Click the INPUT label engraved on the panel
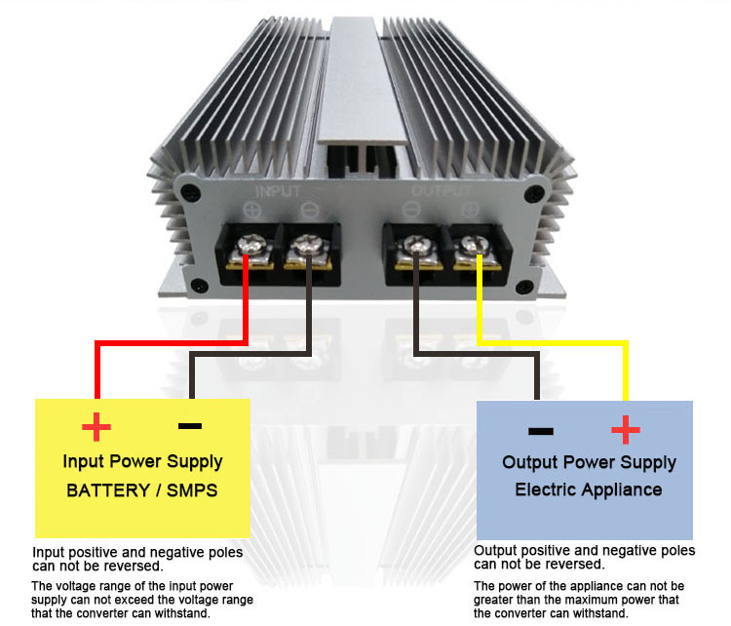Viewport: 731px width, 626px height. (278, 191)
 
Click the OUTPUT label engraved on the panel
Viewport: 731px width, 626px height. (441, 190)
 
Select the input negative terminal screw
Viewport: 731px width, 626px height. (306, 244)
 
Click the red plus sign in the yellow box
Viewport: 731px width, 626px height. (96, 426)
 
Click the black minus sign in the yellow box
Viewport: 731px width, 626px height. (190, 425)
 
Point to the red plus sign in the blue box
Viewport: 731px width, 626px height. (625, 430)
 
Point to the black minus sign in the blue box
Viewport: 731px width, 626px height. (541, 431)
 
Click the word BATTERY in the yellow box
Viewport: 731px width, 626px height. (107, 490)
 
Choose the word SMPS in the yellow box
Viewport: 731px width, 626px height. (192, 490)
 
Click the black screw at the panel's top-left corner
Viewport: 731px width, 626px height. (190, 192)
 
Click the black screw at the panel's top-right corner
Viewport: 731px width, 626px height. (534, 193)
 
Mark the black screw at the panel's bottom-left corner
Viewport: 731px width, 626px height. (200, 285)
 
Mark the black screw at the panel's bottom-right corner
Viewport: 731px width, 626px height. (524, 286)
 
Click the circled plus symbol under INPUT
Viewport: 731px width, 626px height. (252, 211)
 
